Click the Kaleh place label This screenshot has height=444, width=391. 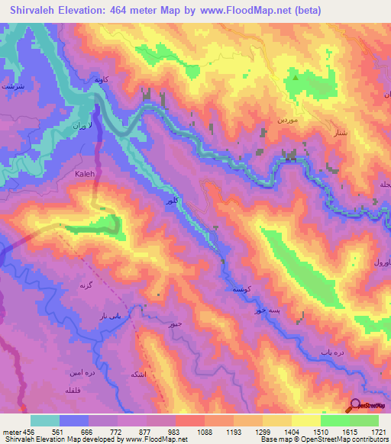[85, 174]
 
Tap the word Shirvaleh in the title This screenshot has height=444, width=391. [36, 11]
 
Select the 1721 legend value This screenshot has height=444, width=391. [377, 431]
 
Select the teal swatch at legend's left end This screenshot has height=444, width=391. [45, 420]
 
